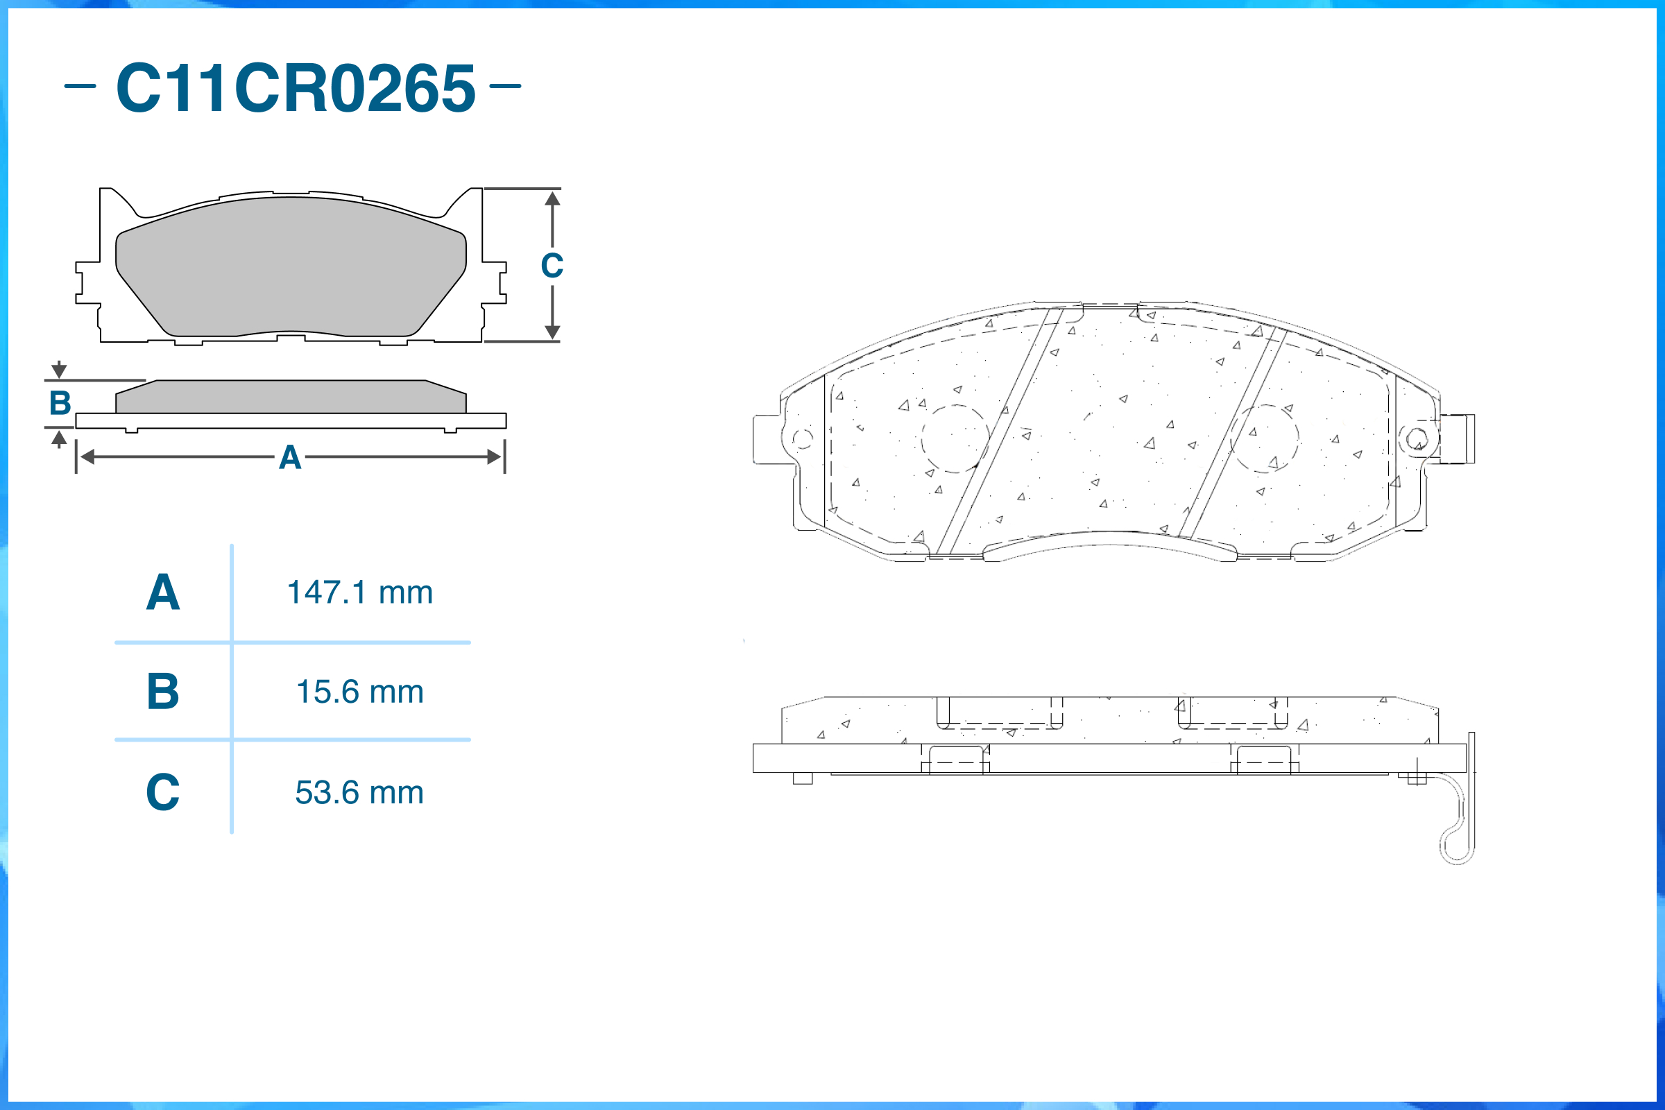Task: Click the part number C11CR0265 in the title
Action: [296, 88]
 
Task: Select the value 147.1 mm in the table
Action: [359, 592]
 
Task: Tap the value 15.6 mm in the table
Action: [359, 692]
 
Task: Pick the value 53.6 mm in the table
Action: [359, 792]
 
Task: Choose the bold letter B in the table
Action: [163, 691]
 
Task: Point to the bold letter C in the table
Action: [163, 792]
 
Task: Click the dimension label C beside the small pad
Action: [552, 266]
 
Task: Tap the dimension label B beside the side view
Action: [60, 403]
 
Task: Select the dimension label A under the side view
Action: [290, 457]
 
